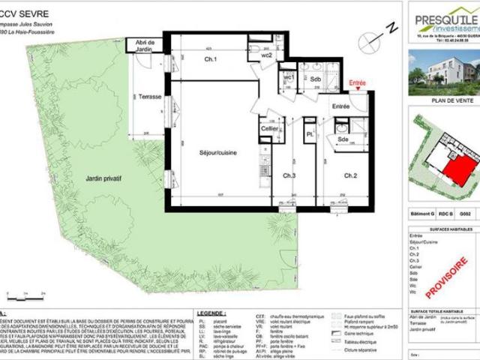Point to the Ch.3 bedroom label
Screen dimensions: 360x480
coord(289,175)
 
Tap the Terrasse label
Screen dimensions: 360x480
coord(150,97)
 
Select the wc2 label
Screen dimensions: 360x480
coord(266,55)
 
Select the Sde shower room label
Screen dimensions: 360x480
coord(341,139)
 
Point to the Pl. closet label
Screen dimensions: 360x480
coord(309,135)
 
